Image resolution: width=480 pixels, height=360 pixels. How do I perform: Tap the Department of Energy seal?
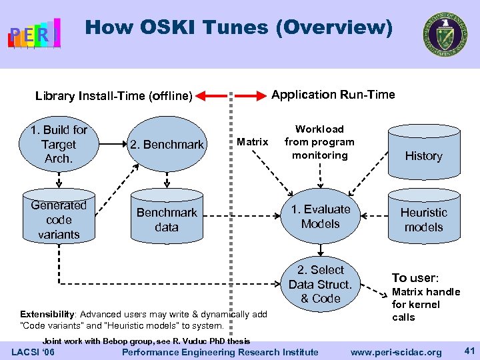[444, 34]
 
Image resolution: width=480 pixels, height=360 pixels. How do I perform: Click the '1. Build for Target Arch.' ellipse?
[59, 144]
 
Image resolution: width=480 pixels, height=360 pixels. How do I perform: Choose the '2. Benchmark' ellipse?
[167, 144]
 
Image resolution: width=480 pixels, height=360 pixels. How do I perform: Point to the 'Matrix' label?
[253, 141]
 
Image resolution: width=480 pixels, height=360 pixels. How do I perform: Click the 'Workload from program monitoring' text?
[319, 142]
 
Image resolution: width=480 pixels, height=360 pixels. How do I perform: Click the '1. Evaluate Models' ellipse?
[321, 217]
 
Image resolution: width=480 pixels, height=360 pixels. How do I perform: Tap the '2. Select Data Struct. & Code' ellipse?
[321, 284]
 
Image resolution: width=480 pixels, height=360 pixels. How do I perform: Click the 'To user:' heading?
[415, 278]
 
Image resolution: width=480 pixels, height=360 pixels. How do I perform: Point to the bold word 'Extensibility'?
[47, 314]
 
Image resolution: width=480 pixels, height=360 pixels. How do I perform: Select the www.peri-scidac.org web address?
[396, 352]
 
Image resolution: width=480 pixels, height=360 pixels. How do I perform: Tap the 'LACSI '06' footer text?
[33, 352]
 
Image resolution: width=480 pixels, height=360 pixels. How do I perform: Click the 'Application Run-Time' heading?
[333, 95]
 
